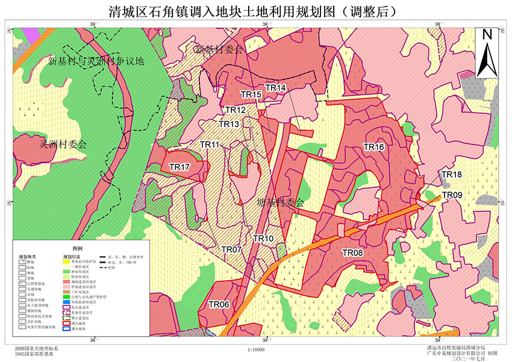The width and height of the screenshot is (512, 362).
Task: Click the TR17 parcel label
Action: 180,167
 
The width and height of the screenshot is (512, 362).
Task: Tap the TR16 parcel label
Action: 373,147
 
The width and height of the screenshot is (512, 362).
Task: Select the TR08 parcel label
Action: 352,252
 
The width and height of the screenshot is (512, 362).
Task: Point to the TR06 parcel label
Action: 219,305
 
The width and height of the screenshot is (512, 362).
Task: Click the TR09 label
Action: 452,195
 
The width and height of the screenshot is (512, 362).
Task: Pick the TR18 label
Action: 451,175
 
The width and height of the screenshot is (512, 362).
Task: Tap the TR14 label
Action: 275,88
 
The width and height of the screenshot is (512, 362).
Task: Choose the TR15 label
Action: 251,95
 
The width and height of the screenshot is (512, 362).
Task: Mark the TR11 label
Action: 210,145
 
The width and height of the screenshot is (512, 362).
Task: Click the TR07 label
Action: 231,249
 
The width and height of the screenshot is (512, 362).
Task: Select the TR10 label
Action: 263,239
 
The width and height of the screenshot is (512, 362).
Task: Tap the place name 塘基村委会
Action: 277,203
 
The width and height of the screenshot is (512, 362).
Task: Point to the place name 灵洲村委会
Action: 63,145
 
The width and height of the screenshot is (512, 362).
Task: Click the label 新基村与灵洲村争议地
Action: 96,61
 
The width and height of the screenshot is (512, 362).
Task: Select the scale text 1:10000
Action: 258,350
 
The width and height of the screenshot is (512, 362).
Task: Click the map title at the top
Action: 255,11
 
